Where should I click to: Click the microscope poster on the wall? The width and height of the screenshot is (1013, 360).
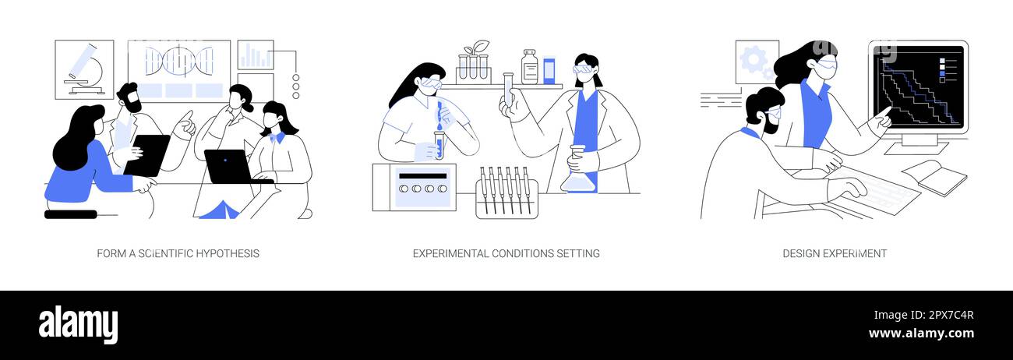pyautogui.click(x=84, y=69)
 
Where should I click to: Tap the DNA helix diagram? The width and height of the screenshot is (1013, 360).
pyautogui.click(x=179, y=61)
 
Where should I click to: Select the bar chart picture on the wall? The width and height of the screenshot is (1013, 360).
pyautogui.click(x=256, y=55)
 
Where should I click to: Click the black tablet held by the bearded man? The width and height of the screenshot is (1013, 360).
pyautogui.click(x=147, y=156)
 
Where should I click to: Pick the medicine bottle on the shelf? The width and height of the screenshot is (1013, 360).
pyautogui.click(x=529, y=67)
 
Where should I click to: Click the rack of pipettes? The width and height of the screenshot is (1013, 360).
pyautogui.click(x=507, y=193)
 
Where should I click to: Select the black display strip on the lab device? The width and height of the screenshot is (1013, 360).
pyautogui.click(x=422, y=176)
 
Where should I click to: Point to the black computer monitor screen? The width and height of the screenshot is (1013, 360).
pyautogui.click(x=919, y=86)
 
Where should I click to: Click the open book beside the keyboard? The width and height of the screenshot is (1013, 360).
pyautogui.click(x=935, y=178)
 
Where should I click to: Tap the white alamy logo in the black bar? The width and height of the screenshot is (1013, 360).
pyautogui.click(x=78, y=325)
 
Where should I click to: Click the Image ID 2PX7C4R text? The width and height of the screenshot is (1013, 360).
pyautogui.click(x=923, y=315)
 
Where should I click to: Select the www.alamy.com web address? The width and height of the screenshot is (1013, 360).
pyautogui.click(x=921, y=334)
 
